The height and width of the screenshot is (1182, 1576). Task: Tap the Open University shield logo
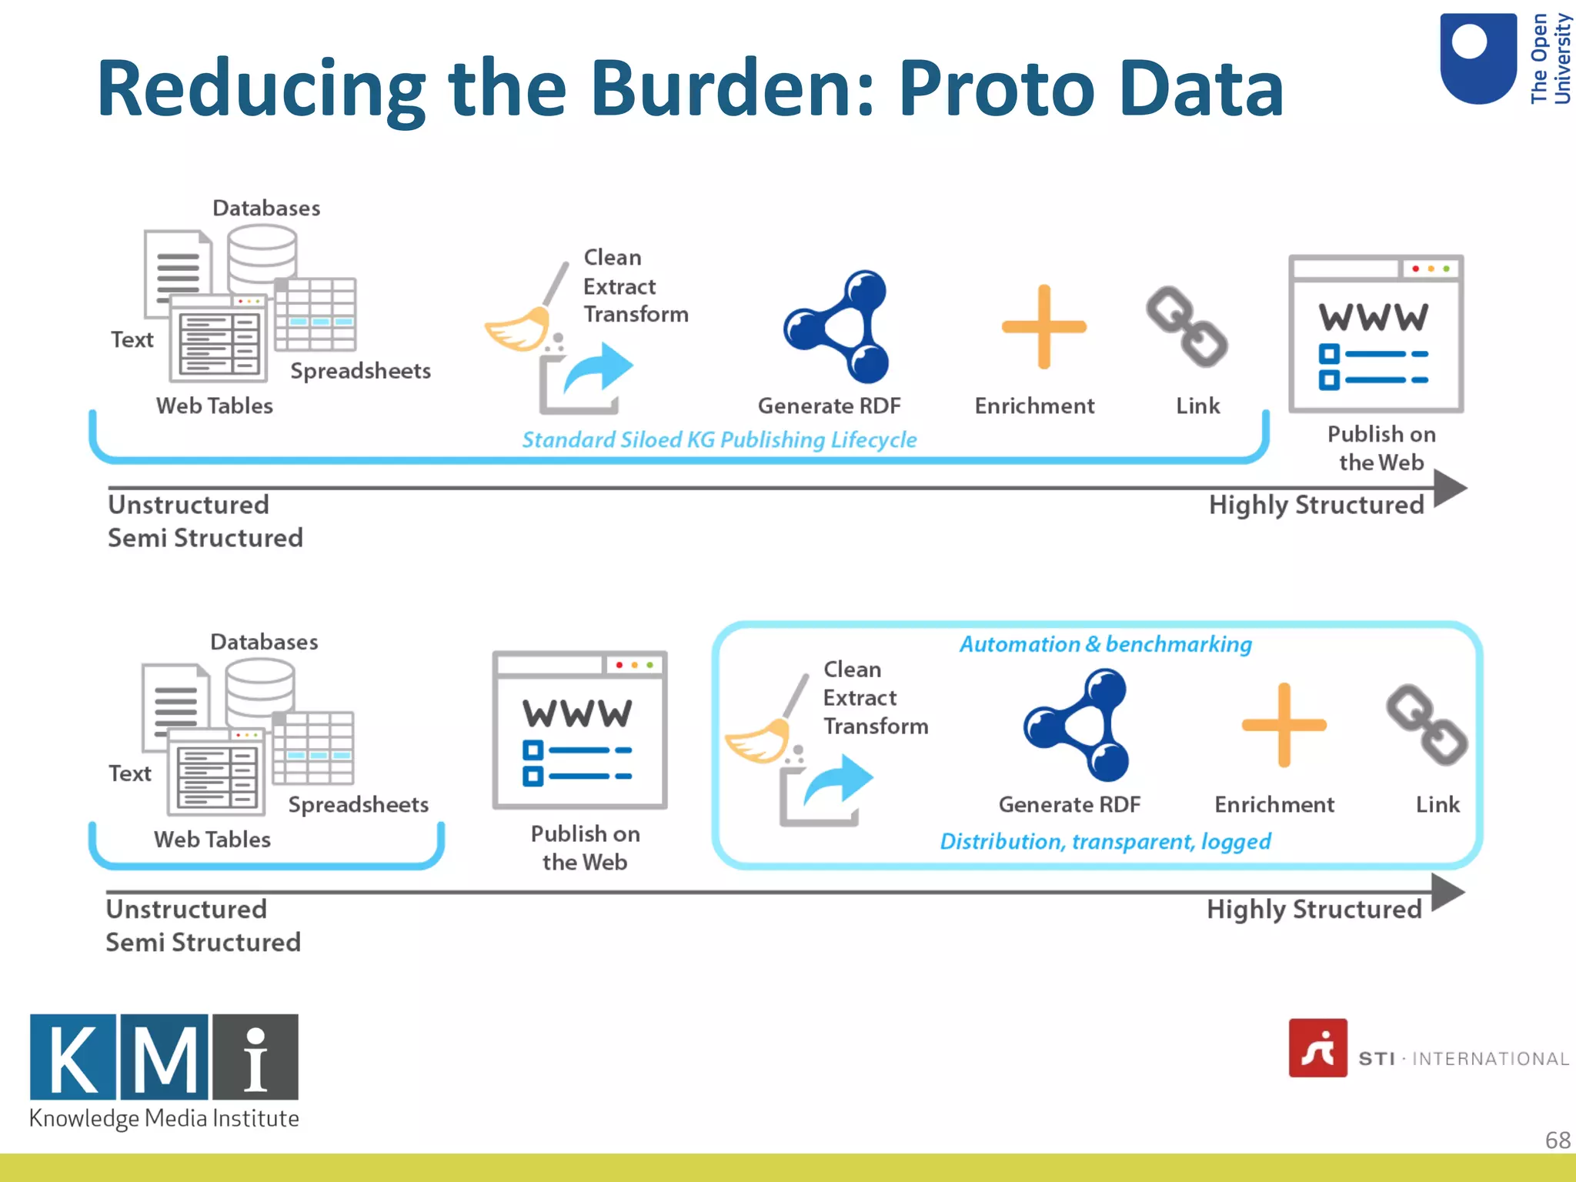tap(1477, 58)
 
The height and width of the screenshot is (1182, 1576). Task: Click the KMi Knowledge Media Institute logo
tap(164, 1070)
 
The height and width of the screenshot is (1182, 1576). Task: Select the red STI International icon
tap(1317, 1048)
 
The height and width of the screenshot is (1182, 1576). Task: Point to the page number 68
tap(1557, 1140)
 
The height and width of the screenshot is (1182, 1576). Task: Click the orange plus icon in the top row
tap(1043, 327)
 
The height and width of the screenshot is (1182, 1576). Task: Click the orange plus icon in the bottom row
tap(1284, 725)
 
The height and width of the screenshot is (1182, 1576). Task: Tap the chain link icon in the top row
tap(1186, 327)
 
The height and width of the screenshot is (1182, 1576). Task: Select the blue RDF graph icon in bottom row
tap(1077, 725)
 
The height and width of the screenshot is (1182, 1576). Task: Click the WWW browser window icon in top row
tap(1376, 335)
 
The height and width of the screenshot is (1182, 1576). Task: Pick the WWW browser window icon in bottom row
tap(579, 730)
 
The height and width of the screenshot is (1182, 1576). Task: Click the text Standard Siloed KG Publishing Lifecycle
tap(719, 439)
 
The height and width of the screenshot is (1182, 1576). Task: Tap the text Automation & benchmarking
tap(1105, 644)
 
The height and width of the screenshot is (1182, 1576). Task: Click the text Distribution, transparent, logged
tap(1105, 841)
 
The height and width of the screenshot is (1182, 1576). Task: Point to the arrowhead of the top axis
tap(1451, 488)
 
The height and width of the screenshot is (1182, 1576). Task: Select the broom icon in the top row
tap(523, 316)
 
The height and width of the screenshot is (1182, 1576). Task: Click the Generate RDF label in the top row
tap(829, 406)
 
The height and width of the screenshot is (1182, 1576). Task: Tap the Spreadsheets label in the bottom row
tap(358, 804)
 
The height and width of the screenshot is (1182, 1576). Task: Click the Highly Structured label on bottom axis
tap(1314, 910)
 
